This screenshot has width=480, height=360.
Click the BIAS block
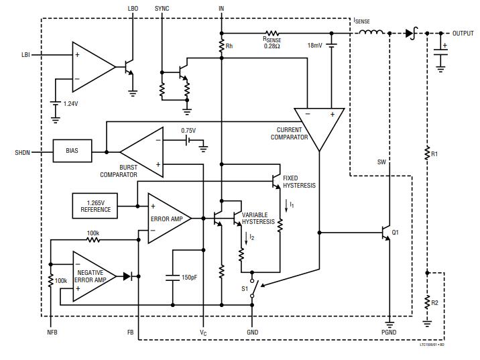tap(72, 151)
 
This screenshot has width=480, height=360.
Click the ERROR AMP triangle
tap(168, 218)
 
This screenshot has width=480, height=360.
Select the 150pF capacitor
tap(174, 277)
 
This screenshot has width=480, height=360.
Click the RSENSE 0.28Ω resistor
tap(272, 32)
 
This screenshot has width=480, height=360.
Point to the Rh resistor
tap(222, 46)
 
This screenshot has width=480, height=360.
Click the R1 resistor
tap(427, 154)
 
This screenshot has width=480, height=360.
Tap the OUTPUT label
tap(463, 33)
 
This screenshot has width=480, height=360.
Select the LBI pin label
tap(25, 54)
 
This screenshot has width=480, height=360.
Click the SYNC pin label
tap(162, 8)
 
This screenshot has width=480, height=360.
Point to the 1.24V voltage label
tap(70, 104)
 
